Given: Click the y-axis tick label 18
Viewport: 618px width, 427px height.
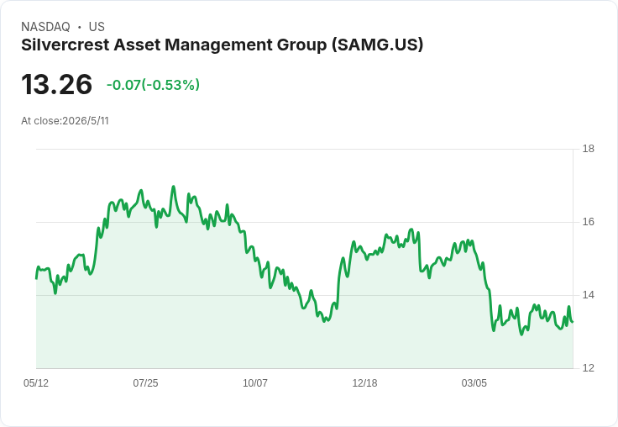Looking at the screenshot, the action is pyautogui.click(x=588, y=149).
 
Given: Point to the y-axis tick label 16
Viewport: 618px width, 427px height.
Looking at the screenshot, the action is pyautogui.click(x=588, y=222).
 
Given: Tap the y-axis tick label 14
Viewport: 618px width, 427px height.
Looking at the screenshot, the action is pyautogui.click(x=588, y=295).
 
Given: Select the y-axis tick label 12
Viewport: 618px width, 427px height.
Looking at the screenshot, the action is pyautogui.click(x=588, y=368).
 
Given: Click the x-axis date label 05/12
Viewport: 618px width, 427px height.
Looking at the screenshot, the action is pyautogui.click(x=36, y=382).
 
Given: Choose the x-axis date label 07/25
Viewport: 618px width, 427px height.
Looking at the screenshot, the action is pyautogui.click(x=145, y=382).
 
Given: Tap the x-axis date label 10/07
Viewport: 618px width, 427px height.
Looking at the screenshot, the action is pyautogui.click(x=255, y=382).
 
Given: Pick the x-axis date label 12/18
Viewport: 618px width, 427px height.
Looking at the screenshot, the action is pyautogui.click(x=364, y=382).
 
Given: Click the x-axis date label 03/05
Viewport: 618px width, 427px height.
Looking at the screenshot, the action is pyautogui.click(x=474, y=382).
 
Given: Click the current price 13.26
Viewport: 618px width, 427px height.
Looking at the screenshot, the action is pyautogui.click(x=57, y=84).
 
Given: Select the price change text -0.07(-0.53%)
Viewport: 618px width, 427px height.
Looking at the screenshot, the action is pyautogui.click(x=153, y=85).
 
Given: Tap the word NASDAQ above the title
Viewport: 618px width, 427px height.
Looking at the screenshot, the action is pyautogui.click(x=45, y=27).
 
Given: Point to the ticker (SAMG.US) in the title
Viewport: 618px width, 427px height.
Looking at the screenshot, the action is pyautogui.click(x=377, y=45).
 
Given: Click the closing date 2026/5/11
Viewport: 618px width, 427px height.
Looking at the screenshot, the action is pyautogui.click(x=86, y=121).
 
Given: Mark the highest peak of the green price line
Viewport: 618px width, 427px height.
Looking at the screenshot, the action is pyautogui.click(x=174, y=187).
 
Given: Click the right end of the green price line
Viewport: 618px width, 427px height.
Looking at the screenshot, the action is pyautogui.click(x=573, y=322).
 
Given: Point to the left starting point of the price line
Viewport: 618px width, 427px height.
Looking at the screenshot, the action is pyautogui.click(x=36, y=278).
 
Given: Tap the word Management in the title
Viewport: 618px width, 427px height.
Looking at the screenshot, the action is pyautogui.click(x=219, y=45).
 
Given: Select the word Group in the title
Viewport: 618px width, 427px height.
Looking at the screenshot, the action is pyautogui.click(x=302, y=45).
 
